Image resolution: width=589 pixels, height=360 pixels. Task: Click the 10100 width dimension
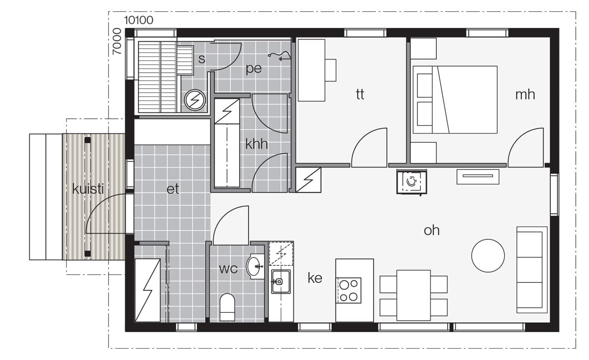tap(138, 20)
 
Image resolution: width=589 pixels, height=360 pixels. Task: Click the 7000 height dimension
tap(117, 41)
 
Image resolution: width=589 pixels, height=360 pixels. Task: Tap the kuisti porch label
tap(88, 189)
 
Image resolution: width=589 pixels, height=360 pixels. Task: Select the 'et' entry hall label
tap(173, 189)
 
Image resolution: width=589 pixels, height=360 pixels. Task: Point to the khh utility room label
tap(256, 144)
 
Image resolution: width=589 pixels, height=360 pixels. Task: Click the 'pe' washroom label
tap(254, 69)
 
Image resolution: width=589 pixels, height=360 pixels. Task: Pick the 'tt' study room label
tap(360, 94)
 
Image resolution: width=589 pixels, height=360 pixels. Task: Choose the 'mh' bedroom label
tap(525, 94)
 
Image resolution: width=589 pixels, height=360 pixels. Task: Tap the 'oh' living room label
tap(431, 230)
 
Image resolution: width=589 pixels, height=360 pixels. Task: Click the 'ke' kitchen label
tap(315, 278)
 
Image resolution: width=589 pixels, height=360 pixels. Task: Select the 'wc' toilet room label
tap(228, 269)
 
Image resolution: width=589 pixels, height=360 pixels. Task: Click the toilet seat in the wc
tap(227, 307)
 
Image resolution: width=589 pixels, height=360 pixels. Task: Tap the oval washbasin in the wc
tap(253, 266)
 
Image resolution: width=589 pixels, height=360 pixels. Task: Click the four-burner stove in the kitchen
tap(348, 290)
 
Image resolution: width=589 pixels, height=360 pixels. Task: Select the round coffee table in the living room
tap(488, 255)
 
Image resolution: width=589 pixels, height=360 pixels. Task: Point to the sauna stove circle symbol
tap(195, 100)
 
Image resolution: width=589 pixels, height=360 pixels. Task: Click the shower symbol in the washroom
tap(279, 56)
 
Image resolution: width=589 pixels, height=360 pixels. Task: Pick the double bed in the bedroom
tap(455, 100)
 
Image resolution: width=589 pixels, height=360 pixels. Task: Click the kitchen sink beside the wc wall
tap(281, 281)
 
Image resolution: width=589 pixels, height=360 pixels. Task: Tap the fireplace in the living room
tap(411, 182)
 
